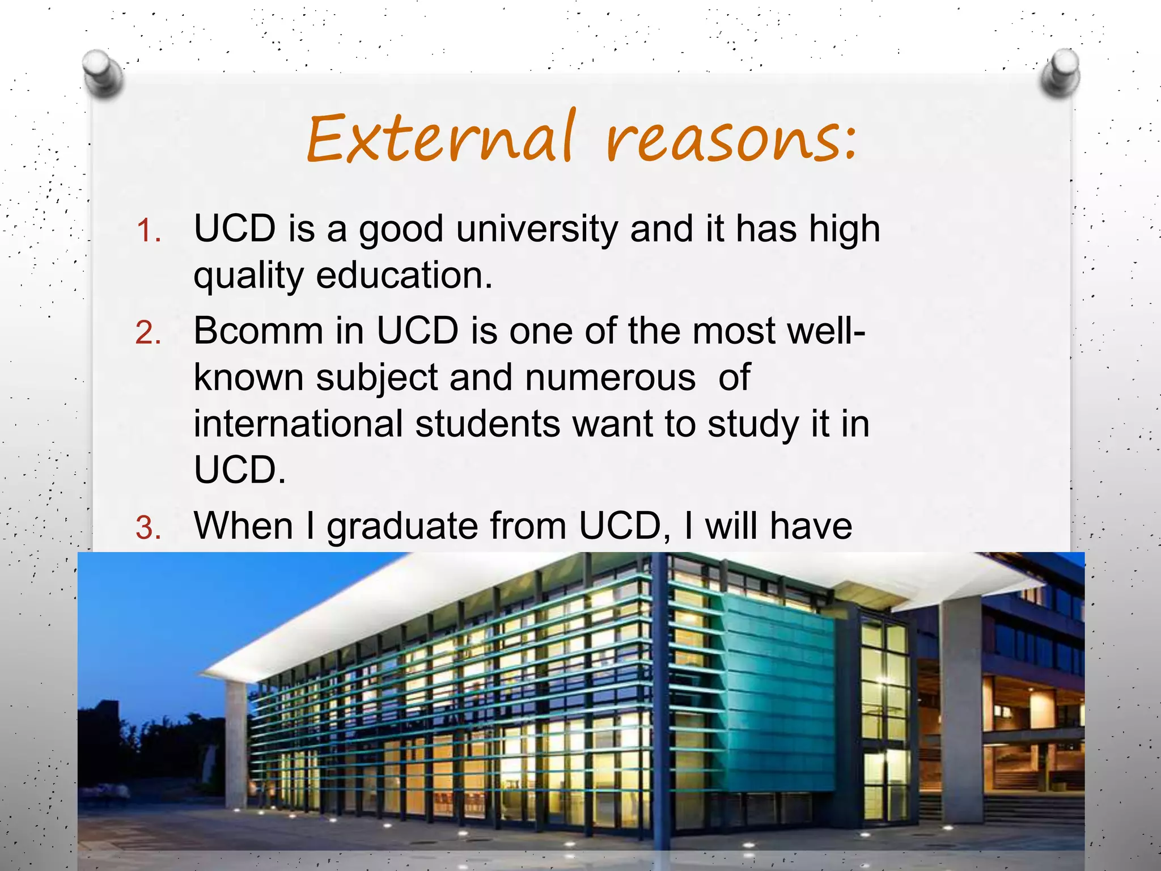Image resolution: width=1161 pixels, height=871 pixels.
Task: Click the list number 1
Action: pyautogui.click(x=149, y=232)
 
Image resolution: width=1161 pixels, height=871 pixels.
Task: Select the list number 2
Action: pyautogui.click(x=149, y=333)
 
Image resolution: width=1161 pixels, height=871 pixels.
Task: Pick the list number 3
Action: pyautogui.click(x=149, y=528)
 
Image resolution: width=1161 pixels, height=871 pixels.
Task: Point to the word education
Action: pyautogui.click(x=404, y=276)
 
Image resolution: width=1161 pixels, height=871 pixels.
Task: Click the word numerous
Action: pyautogui.click(x=610, y=378)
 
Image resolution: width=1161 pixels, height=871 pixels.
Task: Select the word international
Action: pyautogui.click(x=298, y=424)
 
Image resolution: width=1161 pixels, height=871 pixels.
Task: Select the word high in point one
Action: pyautogui.click(x=845, y=230)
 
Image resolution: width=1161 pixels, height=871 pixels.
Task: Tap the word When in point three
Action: pyautogui.click(x=244, y=526)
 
